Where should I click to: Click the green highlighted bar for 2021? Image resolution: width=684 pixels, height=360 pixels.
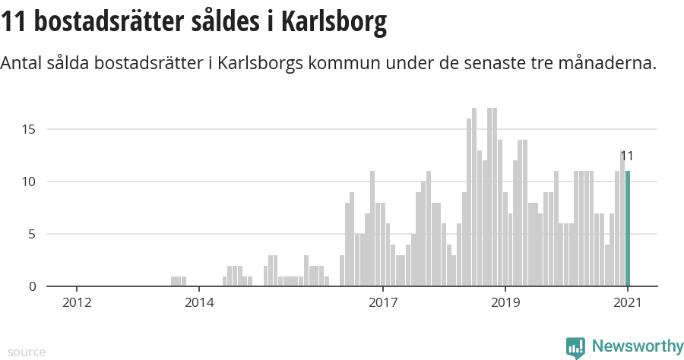(628, 229)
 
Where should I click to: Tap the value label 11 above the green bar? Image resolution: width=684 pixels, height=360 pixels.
(627, 156)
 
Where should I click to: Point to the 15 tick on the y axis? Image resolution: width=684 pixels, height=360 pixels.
(28, 129)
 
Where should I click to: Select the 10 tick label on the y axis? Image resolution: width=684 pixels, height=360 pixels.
(28, 182)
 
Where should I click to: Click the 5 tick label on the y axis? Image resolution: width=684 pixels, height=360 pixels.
(32, 234)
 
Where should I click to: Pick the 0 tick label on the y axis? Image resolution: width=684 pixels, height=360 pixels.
(32, 286)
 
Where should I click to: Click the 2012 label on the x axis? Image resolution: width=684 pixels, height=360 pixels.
(77, 302)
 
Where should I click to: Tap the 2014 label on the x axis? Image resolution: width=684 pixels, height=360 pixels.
(199, 302)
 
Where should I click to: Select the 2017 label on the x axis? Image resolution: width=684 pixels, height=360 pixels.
(383, 302)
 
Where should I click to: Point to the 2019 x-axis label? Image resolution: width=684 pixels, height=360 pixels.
(505, 302)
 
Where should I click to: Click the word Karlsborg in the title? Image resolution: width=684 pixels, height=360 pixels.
(334, 22)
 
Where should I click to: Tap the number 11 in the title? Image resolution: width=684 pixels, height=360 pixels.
(14, 22)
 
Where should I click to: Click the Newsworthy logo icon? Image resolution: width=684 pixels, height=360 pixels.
(575, 348)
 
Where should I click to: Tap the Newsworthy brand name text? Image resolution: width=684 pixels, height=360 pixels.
(637, 347)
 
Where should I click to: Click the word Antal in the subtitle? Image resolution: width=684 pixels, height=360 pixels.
(22, 64)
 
